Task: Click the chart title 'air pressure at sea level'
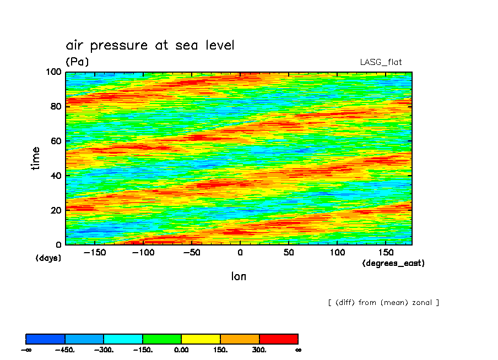(x=150, y=45)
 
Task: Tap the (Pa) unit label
(x=77, y=62)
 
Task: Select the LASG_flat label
(x=385, y=62)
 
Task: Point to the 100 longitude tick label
(x=337, y=252)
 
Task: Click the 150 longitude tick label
(x=385, y=252)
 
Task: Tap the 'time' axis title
(x=36, y=158)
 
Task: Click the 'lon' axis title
(x=239, y=276)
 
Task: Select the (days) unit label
(x=48, y=258)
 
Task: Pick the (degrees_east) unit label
(x=393, y=264)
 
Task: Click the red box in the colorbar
(x=279, y=339)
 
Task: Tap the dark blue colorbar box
(x=45, y=339)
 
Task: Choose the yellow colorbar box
(x=201, y=339)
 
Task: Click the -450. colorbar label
(x=65, y=350)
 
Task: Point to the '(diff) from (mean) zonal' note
(x=383, y=303)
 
